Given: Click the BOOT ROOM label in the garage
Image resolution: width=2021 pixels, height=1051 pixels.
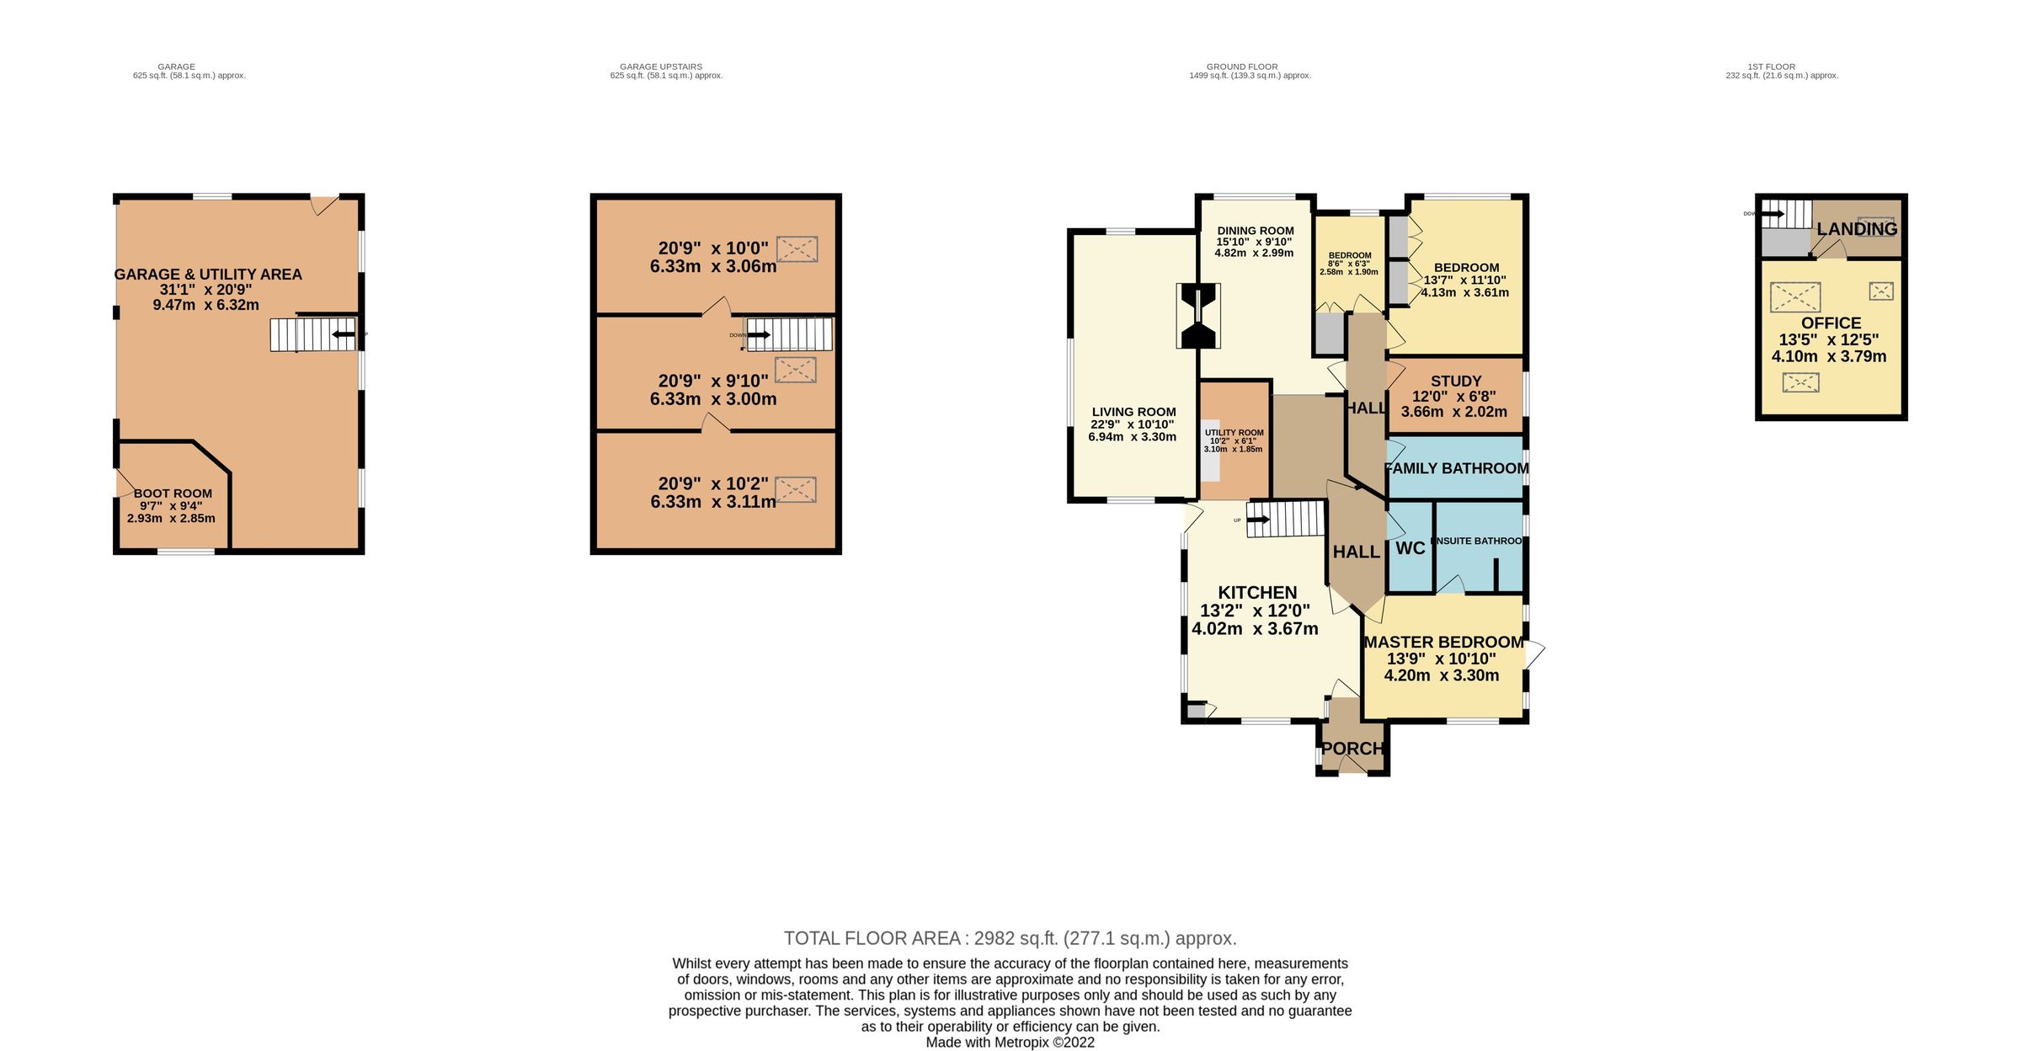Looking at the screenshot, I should point(173,493).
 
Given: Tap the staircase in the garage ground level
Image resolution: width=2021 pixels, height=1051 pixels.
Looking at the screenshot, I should point(312,334).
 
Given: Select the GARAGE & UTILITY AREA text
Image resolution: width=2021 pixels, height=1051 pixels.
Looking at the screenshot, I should point(207,275).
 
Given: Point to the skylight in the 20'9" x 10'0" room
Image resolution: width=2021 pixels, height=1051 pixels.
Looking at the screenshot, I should point(797,249).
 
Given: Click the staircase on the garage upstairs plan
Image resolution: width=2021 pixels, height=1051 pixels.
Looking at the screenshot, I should point(789,334).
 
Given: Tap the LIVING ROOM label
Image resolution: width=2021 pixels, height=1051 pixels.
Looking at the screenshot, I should point(1133,413).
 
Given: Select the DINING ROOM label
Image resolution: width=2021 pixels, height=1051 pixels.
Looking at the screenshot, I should point(1255,231).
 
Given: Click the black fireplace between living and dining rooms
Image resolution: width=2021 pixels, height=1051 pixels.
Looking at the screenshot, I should point(1199,316).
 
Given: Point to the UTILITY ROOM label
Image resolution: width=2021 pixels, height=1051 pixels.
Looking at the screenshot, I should point(1234,432).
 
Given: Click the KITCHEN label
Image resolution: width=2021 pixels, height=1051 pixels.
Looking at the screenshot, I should point(1257,593).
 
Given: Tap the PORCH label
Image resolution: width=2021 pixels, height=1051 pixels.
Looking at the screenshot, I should point(1352,749).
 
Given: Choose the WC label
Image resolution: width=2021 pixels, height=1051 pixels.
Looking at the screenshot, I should point(1410,549).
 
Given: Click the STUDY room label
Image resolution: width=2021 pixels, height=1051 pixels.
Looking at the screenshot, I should point(1455,381).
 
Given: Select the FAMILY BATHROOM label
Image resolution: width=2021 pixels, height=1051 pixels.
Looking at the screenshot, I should point(1457,468).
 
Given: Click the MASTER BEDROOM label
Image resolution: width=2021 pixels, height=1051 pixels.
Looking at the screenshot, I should point(1443,642).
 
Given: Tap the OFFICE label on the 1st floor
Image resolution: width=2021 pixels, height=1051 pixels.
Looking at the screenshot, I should point(1831,323).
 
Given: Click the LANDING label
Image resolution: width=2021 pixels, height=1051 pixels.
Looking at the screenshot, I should point(1856,229).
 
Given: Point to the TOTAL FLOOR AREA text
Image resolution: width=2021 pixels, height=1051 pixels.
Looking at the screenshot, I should point(1010,938).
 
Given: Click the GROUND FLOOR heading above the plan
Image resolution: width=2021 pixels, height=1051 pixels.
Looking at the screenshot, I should point(1241,67).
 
